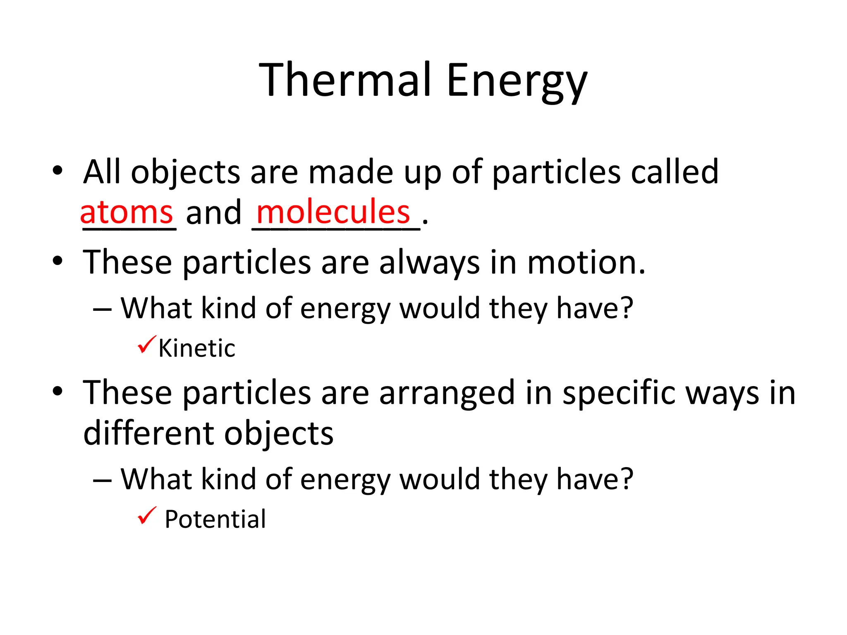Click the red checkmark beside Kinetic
[146, 344]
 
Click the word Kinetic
[197, 348]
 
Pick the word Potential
[215, 519]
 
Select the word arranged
[447, 394]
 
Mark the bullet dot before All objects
[57, 170]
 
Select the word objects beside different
[279, 434]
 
